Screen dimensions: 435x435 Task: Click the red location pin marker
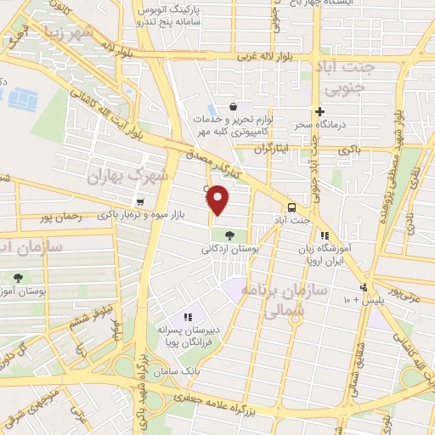218,198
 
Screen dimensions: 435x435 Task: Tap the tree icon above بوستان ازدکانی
229,234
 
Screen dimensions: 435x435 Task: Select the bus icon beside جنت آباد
291,207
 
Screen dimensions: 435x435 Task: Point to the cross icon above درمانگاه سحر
320,111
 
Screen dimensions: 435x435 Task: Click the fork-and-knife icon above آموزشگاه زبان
324,236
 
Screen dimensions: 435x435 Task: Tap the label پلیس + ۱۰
364,301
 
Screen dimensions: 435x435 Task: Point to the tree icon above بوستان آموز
18,278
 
